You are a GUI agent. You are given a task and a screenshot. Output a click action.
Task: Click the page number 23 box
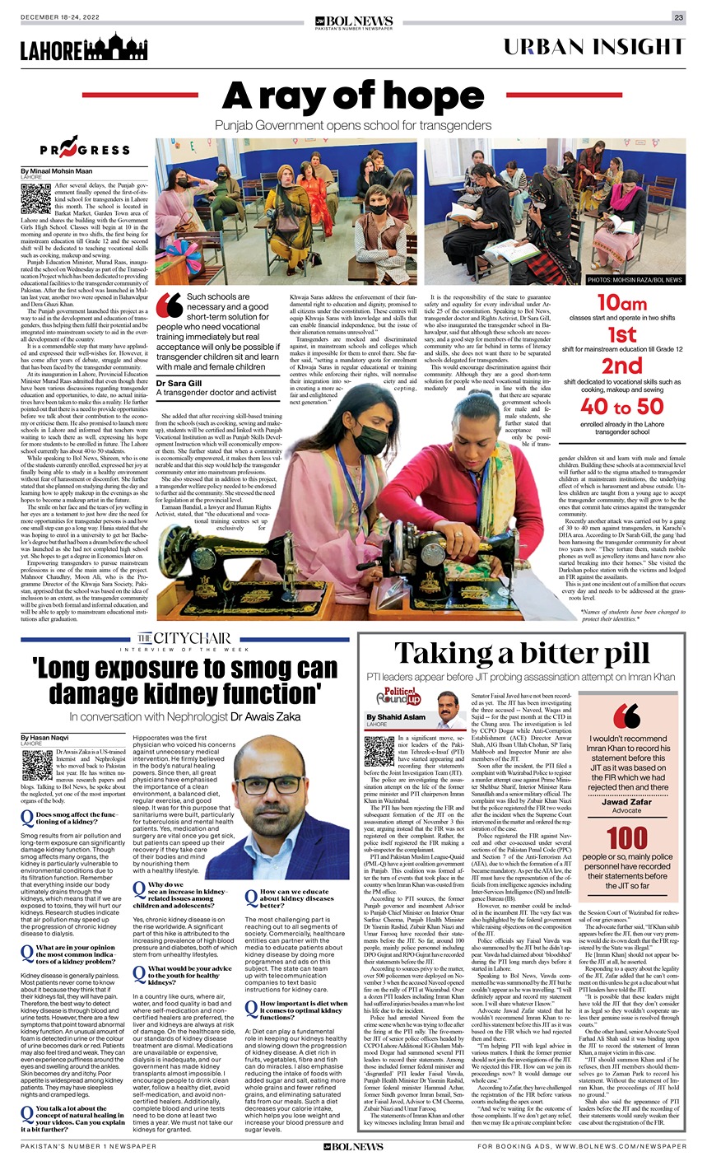point(678,17)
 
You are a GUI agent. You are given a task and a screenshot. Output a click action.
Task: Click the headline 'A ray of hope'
point(353,96)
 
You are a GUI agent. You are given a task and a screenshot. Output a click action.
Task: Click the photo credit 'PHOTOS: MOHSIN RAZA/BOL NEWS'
point(635,281)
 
